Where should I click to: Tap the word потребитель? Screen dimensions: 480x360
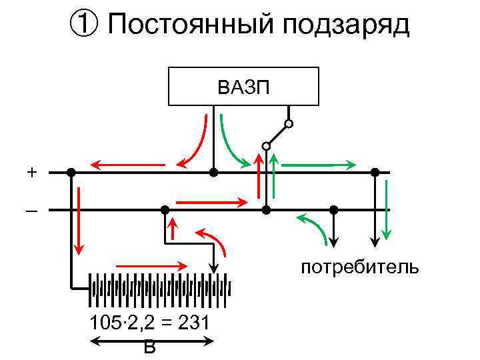[359, 268]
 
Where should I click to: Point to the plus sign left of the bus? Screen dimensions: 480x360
[32, 172]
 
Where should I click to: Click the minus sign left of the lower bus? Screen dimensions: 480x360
[32, 211]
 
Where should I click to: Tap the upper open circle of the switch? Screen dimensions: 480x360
[289, 124]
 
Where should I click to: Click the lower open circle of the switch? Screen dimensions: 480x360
[266, 145]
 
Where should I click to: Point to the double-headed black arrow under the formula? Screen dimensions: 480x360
[152, 341]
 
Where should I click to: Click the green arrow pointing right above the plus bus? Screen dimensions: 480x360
[316, 163]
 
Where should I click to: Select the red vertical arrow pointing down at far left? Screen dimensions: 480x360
[79, 221]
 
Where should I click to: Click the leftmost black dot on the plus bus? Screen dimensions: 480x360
[71, 172]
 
